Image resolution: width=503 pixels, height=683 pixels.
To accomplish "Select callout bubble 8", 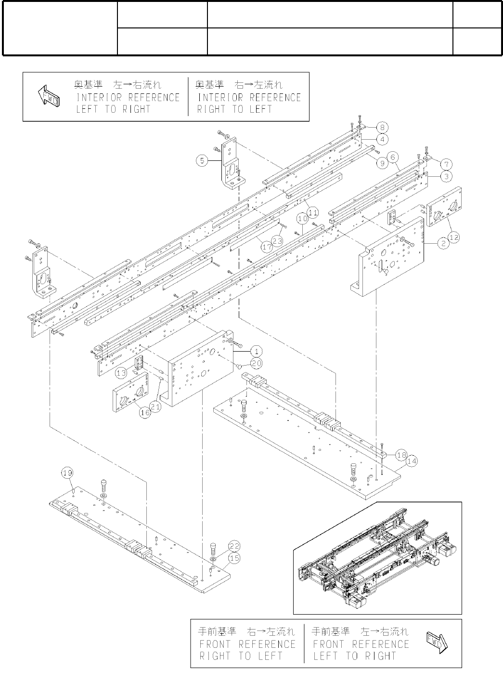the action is click(382, 128).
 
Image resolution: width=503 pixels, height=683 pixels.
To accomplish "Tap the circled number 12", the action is click(453, 236).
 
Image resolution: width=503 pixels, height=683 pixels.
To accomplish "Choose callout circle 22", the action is click(234, 546).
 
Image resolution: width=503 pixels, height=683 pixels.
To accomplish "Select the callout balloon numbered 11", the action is click(313, 211).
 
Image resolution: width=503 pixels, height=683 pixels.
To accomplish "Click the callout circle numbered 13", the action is click(121, 373).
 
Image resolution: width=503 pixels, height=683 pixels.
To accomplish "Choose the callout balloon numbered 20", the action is click(257, 362).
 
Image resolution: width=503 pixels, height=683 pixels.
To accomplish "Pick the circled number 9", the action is click(381, 163).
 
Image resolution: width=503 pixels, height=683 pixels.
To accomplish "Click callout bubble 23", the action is click(277, 239).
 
